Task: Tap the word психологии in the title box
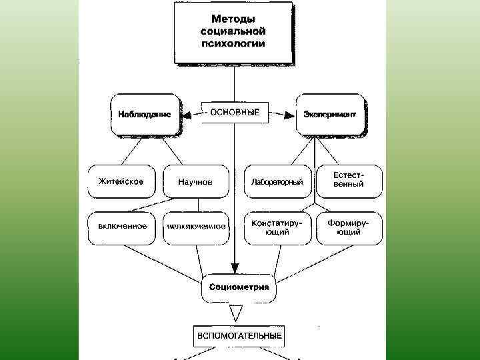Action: point(233,43)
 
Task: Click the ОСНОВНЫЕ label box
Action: point(235,113)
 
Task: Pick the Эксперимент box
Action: point(329,114)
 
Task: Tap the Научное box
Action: point(195,181)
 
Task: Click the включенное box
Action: point(123,226)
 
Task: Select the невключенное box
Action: point(196,227)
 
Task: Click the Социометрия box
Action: point(239,287)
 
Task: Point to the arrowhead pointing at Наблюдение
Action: point(187,115)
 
